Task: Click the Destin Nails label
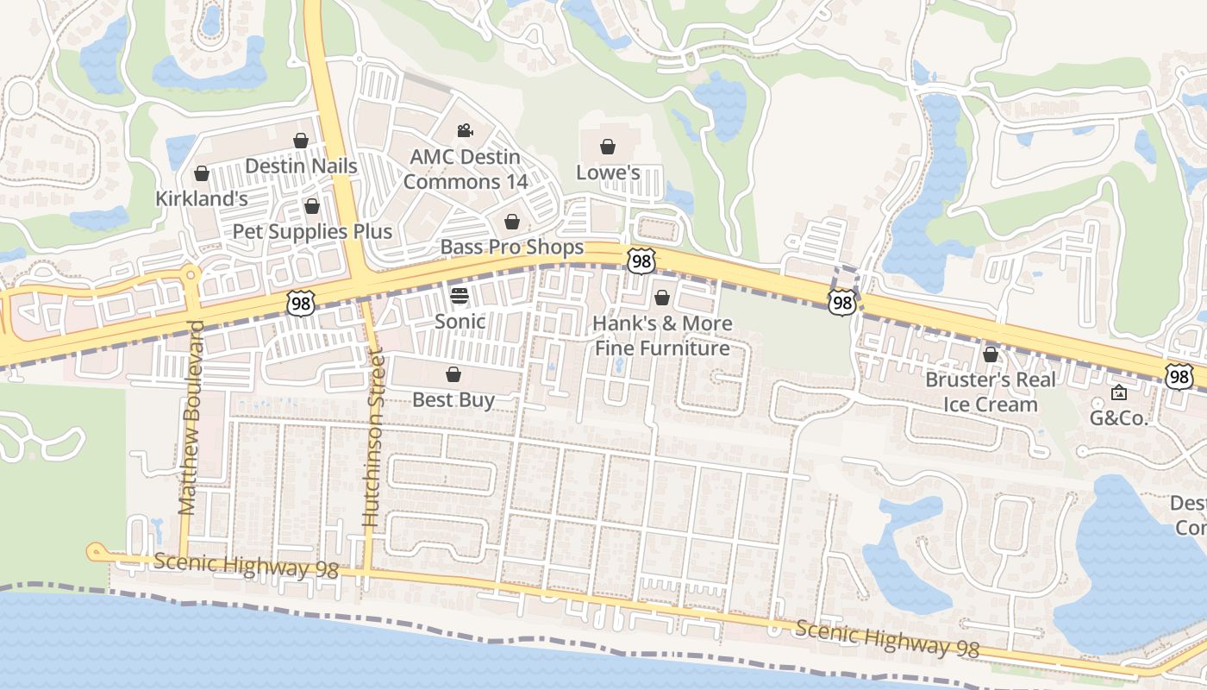point(301,166)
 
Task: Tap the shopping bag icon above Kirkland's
point(202,173)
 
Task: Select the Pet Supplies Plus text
point(312,231)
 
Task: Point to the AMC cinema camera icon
point(465,130)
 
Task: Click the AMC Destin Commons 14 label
point(465,169)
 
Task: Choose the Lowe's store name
point(608,172)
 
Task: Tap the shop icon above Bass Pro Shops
point(512,222)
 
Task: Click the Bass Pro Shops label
point(512,248)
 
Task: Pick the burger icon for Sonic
point(460,296)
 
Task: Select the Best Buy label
point(453,400)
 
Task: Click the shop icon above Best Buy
point(453,374)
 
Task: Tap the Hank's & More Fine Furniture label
point(662,336)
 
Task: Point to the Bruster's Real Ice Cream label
point(990,392)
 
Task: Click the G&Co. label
point(1119,419)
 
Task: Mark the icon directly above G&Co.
point(1119,393)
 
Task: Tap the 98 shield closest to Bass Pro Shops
point(641,260)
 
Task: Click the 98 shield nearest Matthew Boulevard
point(301,303)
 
